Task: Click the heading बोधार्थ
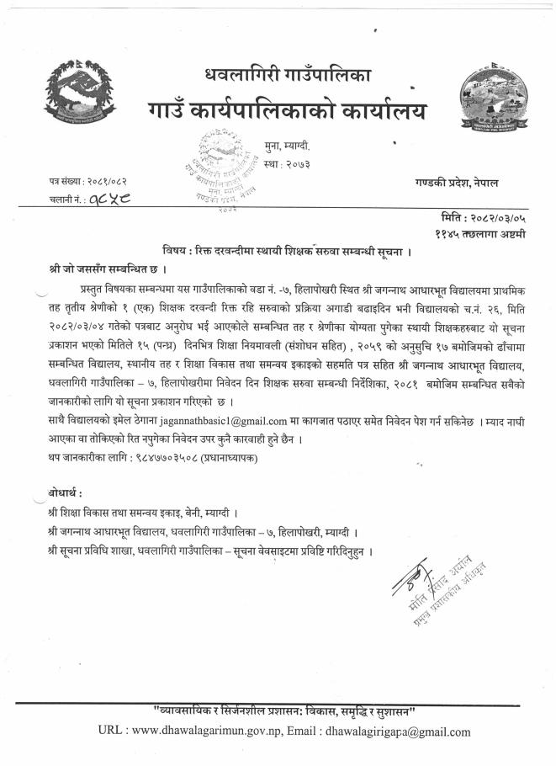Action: [x=66, y=492]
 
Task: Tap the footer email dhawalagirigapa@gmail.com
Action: [x=398, y=731]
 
